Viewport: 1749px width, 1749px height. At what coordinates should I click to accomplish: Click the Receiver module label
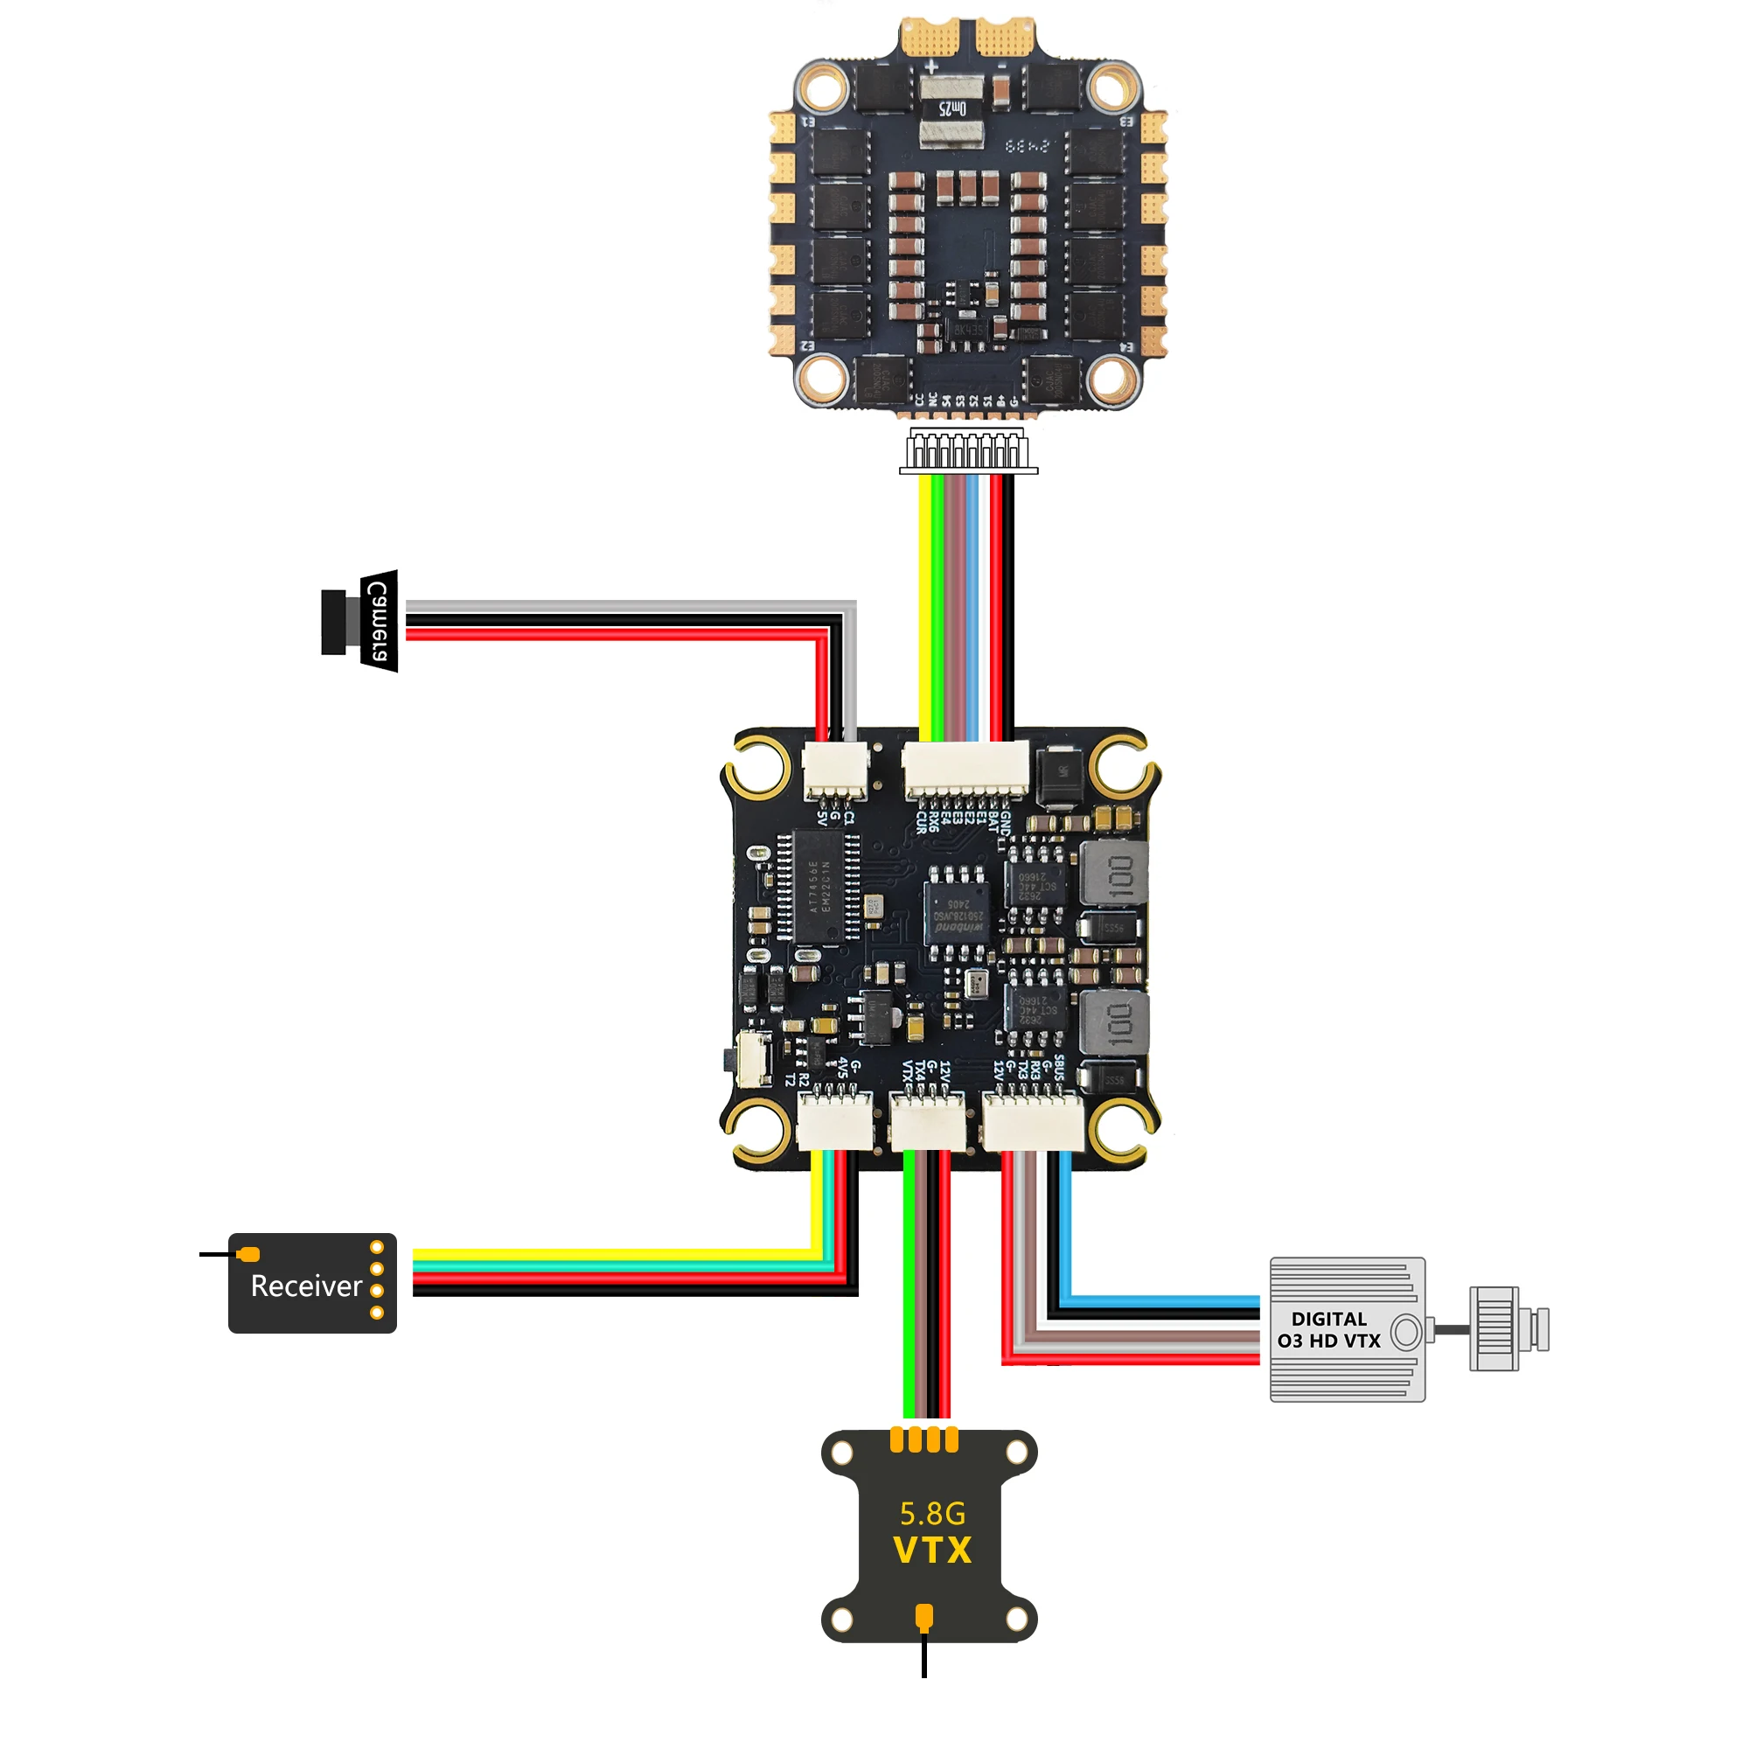point(306,1286)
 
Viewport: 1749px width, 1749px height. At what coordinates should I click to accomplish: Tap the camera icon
point(360,622)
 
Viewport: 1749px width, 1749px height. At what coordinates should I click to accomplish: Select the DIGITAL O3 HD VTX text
point(1329,1330)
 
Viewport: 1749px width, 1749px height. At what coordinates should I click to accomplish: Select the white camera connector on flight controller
point(834,770)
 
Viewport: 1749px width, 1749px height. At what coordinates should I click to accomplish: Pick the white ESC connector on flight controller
point(967,769)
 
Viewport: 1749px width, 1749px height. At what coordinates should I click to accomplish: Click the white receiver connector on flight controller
point(834,1123)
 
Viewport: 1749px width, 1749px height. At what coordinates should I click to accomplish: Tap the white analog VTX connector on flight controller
point(928,1123)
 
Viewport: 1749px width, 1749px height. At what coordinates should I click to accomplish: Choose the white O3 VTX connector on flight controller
point(1033,1123)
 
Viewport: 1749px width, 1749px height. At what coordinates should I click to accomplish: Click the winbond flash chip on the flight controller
point(956,912)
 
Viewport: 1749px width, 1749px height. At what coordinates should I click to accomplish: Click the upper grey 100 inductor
point(1114,874)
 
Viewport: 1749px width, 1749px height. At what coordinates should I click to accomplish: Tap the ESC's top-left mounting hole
point(822,87)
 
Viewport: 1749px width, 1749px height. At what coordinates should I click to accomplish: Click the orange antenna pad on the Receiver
point(249,1254)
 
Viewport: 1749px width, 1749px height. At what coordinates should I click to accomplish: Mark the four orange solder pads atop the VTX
point(924,1440)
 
